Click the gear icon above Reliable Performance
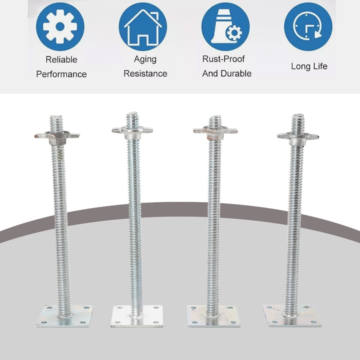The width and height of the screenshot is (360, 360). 60,27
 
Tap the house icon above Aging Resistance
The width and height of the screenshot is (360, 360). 143,27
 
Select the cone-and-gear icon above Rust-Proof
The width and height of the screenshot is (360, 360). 225,27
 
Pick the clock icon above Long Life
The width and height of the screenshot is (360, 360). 308,27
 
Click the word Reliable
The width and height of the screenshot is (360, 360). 61,59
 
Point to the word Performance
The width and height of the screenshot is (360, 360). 61,74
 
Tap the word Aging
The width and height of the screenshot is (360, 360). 145,59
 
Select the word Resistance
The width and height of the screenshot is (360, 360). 145,73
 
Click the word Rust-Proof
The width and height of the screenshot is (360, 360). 223,59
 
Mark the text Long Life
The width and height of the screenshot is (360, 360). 309,66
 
